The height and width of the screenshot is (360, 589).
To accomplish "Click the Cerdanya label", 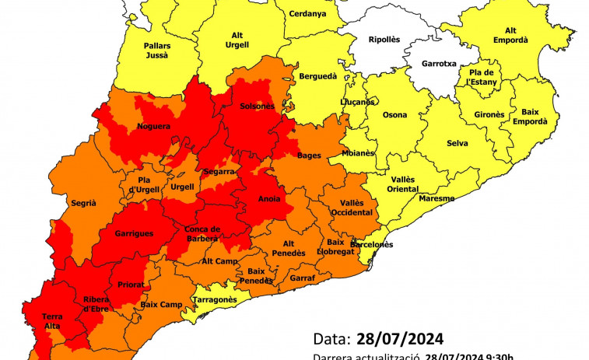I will pyautogui.click(x=307, y=14).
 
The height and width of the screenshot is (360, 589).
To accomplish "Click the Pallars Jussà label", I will pyautogui.click(x=157, y=51).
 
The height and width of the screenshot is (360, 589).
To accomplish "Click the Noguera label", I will pyautogui.click(x=153, y=126).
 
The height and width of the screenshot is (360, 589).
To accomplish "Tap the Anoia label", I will pyautogui.click(x=269, y=198).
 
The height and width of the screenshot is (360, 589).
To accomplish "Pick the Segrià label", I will pyautogui.click(x=83, y=203).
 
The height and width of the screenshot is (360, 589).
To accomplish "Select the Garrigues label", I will pyautogui.click(x=134, y=233).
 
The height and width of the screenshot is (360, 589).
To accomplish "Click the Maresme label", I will pyautogui.click(x=436, y=198).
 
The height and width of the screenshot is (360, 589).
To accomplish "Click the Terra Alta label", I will pyautogui.click(x=52, y=321).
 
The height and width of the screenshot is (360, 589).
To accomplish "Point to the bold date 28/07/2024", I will pyautogui.click(x=400, y=339).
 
